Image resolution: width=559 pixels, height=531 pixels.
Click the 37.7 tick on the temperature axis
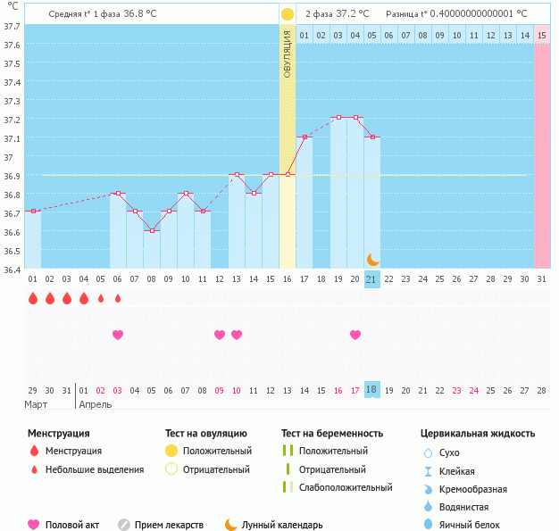pyautogui.click(x=12, y=26)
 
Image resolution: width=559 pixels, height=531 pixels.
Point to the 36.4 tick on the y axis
pyautogui.click(x=12, y=269)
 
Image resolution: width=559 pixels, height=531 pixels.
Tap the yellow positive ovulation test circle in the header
pyautogui.click(x=288, y=14)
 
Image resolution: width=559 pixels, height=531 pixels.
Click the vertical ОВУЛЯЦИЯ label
pyautogui.click(x=288, y=54)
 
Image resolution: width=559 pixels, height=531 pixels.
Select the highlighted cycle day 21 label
pyautogui.click(x=372, y=279)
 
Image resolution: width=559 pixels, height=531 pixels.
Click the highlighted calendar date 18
pyautogui.click(x=372, y=390)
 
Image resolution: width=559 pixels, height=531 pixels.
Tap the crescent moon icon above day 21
pyautogui.click(x=373, y=260)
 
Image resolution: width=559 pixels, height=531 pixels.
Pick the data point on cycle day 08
pyautogui.click(x=152, y=230)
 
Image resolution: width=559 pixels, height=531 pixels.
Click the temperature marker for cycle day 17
pyautogui.click(x=305, y=137)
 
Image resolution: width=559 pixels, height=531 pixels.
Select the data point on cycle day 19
pyautogui.click(x=338, y=118)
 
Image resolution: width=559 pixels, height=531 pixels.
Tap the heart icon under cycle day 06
pyautogui.click(x=118, y=335)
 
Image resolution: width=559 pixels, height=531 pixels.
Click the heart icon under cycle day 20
pyautogui.click(x=355, y=335)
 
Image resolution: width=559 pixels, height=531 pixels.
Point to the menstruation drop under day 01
pyautogui.click(x=33, y=298)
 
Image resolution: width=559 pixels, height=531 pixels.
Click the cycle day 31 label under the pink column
pyautogui.click(x=541, y=279)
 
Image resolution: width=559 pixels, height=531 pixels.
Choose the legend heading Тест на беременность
pyautogui.click(x=332, y=434)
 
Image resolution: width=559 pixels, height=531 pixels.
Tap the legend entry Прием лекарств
pyautogui.click(x=169, y=525)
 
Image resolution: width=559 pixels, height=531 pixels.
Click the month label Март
pyautogui.click(x=36, y=404)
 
